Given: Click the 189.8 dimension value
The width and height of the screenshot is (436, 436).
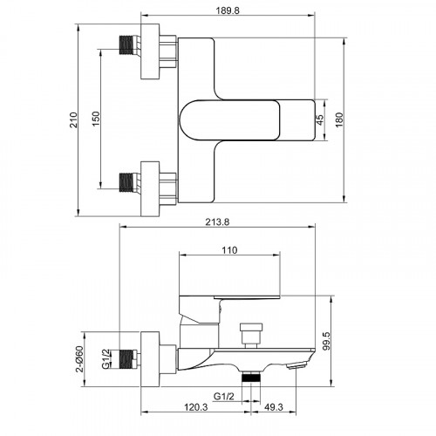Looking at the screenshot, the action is [x=228, y=10].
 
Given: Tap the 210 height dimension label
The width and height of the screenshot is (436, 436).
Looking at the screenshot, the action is [x=74, y=119].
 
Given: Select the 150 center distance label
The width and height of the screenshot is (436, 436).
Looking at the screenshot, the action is [x=96, y=119].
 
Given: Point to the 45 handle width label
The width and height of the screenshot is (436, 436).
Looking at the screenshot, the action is [x=319, y=119].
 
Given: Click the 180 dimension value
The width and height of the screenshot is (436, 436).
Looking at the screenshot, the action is [x=339, y=119].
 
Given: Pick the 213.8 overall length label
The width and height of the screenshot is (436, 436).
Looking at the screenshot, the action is [x=217, y=222].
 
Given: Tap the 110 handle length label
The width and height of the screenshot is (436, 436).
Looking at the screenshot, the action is [x=229, y=250].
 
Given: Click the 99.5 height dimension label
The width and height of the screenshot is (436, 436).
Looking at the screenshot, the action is [x=326, y=341].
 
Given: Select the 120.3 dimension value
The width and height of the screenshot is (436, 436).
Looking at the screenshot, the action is [x=196, y=407].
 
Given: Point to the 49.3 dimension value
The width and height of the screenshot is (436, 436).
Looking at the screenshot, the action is [x=274, y=407].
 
